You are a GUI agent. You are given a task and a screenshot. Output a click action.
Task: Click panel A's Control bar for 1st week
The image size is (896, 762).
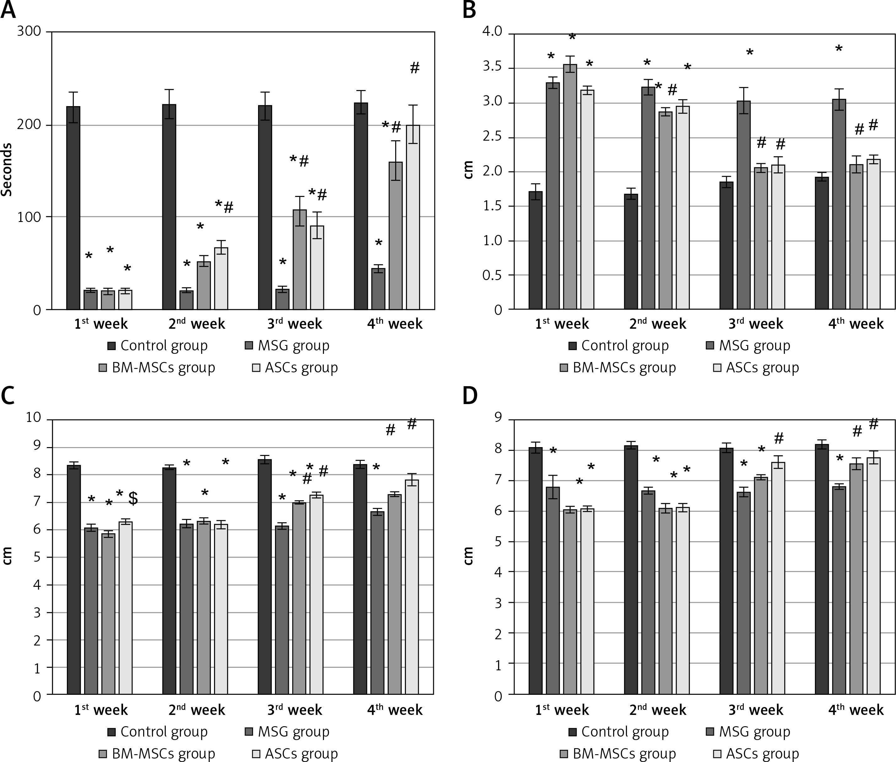coord(73,208)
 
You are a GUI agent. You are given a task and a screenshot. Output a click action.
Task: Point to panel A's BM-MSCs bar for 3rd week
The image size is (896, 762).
coord(300,260)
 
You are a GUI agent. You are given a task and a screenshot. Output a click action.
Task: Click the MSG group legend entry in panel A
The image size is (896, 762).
coord(287,346)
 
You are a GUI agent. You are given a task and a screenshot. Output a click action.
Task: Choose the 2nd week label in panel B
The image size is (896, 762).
coord(657,324)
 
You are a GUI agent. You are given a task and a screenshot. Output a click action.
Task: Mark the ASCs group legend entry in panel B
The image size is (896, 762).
coord(756,368)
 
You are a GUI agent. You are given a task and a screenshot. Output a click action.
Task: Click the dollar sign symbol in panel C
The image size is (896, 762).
coord(133,498)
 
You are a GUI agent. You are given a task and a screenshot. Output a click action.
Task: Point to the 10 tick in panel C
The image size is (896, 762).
coord(33,418)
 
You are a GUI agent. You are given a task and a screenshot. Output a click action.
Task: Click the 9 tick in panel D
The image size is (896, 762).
coord(499,418)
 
